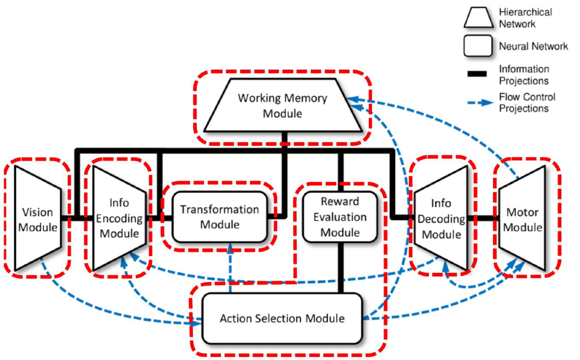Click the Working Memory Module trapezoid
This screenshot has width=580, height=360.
pyautogui.click(x=282, y=106)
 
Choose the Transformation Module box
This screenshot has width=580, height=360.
pyautogui.click(x=219, y=217)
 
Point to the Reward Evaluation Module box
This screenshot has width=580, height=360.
pyautogui.click(x=340, y=217)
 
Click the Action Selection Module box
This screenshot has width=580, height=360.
pyautogui.click(x=282, y=318)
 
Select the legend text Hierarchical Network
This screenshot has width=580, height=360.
pyautogui.click(x=525, y=18)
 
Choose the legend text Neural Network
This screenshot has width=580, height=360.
pyautogui.click(x=533, y=46)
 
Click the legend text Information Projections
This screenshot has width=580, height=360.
pyautogui.click(x=524, y=75)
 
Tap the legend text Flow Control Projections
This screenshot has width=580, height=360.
pyautogui.click(x=527, y=102)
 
